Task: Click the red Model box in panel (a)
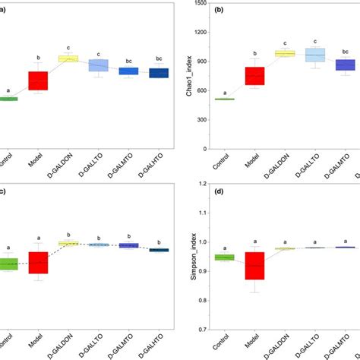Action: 38,81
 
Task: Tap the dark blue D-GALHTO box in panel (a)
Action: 159,73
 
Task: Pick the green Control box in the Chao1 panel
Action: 225,99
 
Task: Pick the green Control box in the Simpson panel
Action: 225,257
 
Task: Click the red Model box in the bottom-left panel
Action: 38,261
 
